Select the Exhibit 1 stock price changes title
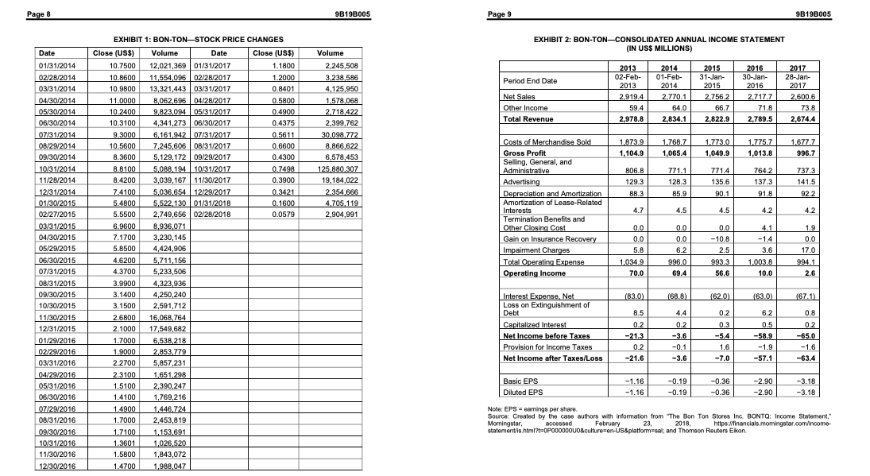(198, 39)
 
